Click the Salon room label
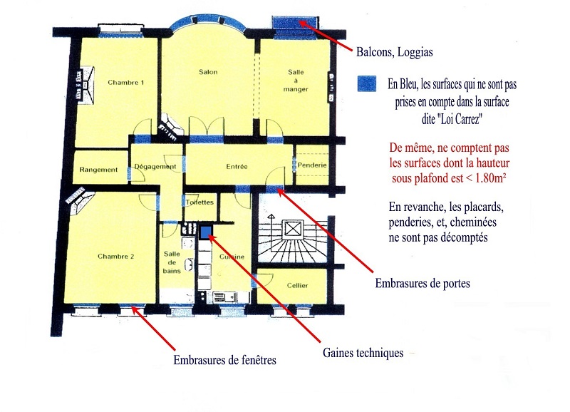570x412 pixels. (208, 72)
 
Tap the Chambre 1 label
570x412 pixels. (126, 83)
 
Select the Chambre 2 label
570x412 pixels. (115, 257)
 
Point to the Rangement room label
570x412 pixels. (98, 170)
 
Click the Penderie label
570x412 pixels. (312, 165)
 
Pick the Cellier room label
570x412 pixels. (297, 285)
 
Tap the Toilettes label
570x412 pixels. (199, 202)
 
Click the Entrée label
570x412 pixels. (237, 167)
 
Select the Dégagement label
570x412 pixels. (155, 167)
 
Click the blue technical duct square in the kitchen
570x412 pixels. (206, 232)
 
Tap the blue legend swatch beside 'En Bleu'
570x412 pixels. (366, 84)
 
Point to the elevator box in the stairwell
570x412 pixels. (293, 229)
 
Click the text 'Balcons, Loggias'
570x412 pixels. (395, 52)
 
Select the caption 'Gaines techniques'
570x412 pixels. (363, 353)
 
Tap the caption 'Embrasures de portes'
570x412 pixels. (423, 283)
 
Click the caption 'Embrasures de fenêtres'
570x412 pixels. (224, 360)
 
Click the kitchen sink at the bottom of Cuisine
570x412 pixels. (224, 297)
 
